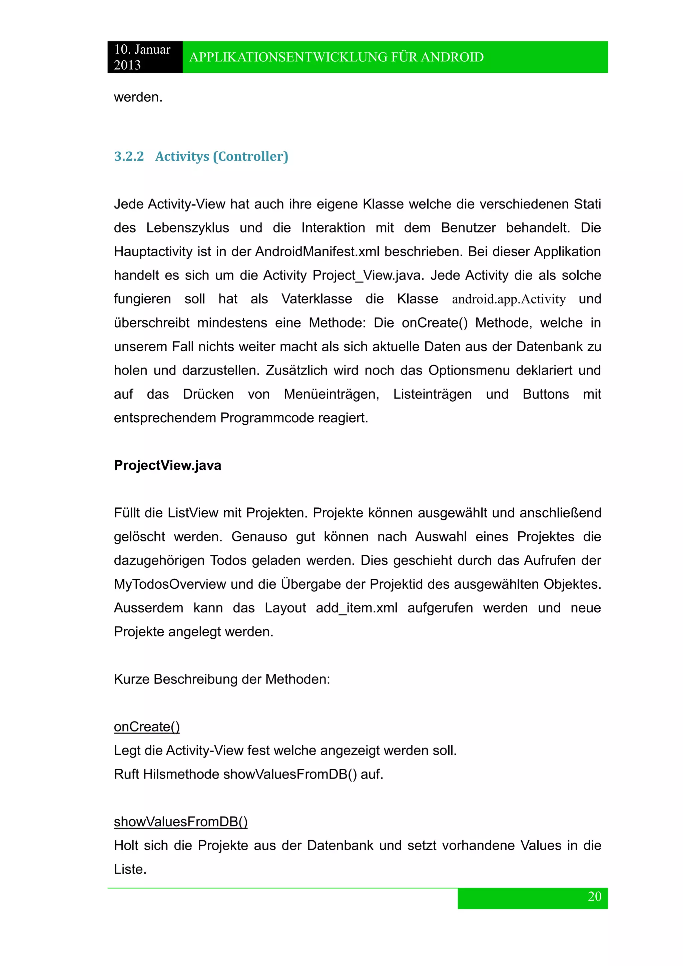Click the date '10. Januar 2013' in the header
[x=142, y=57]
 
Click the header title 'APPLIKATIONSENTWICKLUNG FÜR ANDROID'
[x=336, y=57]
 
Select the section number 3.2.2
[x=129, y=156]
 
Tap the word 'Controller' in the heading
[x=251, y=156]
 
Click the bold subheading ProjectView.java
[x=167, y=465]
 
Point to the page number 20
[x=594, y=896]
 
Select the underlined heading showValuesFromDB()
[x=180, y=822]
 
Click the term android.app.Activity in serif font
[x=509, y=299]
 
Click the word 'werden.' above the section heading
[x=138, y=97]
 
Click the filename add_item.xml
[x=356, y=608]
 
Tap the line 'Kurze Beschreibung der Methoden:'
[x=222, y=679]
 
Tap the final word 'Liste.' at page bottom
[x=130, y=869]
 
